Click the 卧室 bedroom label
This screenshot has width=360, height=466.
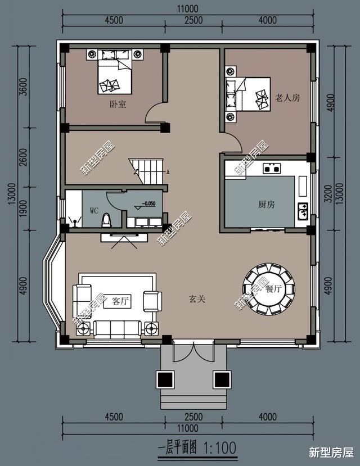[118, 105]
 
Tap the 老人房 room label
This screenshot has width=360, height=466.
[287, 98]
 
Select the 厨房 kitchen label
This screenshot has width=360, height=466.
[267, 204]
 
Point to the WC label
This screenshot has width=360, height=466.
[94, 210]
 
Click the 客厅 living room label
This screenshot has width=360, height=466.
[121, 301]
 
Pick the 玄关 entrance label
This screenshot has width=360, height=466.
[197, 298]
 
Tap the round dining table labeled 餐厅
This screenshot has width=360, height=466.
[269, 288]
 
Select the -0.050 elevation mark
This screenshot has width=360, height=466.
[148, 203]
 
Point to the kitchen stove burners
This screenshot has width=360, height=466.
[272, 169]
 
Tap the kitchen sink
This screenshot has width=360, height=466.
[303, 211]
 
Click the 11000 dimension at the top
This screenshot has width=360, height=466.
[187, 9]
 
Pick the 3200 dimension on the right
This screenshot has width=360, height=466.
[328, 193]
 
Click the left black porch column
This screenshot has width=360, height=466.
[165, 379]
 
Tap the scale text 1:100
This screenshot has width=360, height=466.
[220, 448]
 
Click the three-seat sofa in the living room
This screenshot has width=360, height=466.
[118, 329]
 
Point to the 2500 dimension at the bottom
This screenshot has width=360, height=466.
[193, 417]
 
